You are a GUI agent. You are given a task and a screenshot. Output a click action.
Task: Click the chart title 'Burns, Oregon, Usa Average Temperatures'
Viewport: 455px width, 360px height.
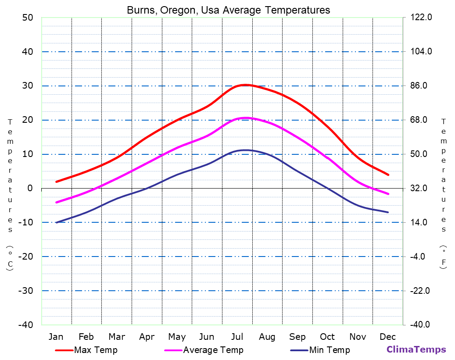coord(228,10)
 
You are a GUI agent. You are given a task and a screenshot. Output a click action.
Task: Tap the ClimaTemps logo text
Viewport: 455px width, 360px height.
coord(416,349)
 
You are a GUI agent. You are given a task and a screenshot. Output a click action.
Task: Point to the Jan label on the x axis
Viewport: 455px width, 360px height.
coord(56,337)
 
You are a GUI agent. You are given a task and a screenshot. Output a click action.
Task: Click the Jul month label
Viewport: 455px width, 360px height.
coord(237,337)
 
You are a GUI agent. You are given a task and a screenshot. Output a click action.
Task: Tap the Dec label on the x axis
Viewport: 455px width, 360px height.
coord(388,337)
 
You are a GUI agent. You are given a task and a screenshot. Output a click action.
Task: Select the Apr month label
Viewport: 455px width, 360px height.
coord(147,337)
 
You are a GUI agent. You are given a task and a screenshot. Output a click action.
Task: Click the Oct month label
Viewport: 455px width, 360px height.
coord(327,337)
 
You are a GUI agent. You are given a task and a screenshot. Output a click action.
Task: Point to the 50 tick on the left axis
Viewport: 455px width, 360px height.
coord(27,18)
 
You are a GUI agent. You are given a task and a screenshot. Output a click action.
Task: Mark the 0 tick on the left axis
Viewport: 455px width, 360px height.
coord(30,188)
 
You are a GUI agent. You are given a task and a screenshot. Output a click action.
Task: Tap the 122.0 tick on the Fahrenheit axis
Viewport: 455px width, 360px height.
coord(421,18)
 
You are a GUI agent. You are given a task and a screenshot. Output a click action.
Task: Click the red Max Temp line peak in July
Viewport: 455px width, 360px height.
coord(245,85)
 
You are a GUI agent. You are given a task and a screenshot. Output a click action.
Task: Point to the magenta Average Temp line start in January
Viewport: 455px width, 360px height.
coord(57,202)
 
